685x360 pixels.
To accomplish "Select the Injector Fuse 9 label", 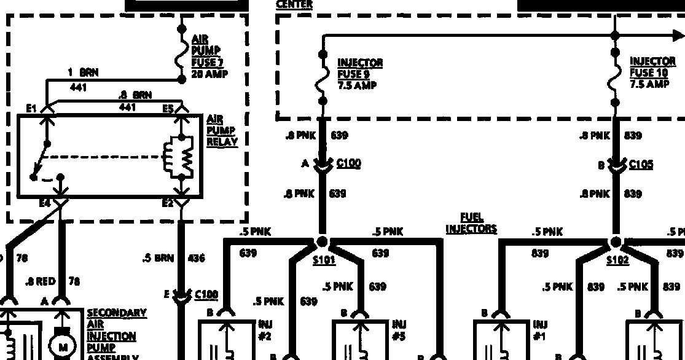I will [x=359, y=74].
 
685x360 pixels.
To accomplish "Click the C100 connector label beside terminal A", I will [x=349, y=163].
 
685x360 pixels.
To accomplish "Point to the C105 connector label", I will [x=641, y=165].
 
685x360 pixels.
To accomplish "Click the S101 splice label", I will [x=324, y=260].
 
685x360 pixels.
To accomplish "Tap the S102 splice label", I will [x=617, y=260].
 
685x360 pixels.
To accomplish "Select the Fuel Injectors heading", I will [x=471, y=223].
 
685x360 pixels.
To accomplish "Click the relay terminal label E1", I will [x=31, y=109].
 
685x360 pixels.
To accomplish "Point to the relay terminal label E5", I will [x=168, y=109].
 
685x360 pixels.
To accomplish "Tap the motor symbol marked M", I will [x=63, y=347].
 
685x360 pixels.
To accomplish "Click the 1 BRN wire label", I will [x=84, y=72].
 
